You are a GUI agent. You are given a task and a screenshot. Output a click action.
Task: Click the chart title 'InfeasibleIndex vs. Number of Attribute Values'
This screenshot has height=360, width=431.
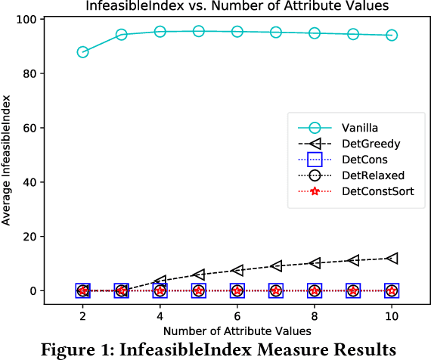point(236,6)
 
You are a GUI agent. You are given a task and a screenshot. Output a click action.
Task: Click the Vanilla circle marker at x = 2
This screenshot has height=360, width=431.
point(82,52)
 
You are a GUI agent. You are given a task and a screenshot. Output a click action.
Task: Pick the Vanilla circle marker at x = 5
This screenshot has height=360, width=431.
point(198,31)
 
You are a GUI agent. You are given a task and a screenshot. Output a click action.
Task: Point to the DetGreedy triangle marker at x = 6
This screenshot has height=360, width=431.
point(237,270)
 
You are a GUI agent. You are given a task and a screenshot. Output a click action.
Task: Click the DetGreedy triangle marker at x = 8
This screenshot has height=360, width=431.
point(315,262)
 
